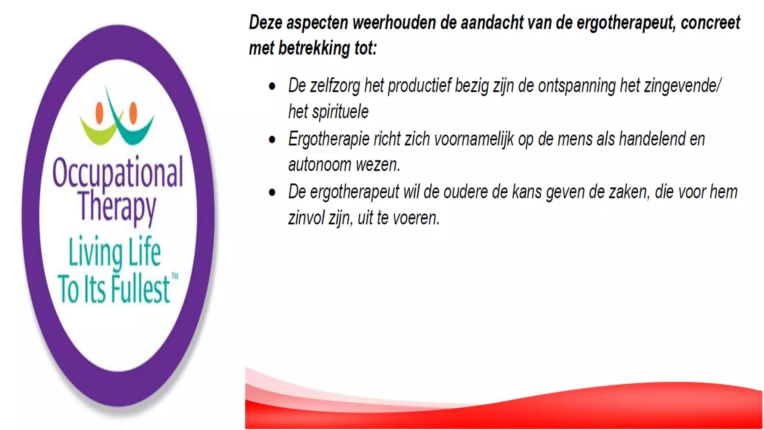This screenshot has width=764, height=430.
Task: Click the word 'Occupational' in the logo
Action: pyautogui.click(x=118, y=172)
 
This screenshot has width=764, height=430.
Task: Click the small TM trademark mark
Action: pyautogui.click(x=175, y=277)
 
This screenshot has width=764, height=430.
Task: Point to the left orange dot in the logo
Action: pyautogui.click(x=99, y=112)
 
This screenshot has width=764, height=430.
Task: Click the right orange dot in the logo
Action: pyautogui.click(x=133, y=112)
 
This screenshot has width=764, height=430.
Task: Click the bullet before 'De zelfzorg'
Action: pyautogui.click(x=272, y=87)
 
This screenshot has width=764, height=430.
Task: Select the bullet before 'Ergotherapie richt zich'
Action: pyautogui.click(x=272, y=140)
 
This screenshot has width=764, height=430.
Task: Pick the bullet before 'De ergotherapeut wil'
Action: pyautogui.click(x=272, y=193)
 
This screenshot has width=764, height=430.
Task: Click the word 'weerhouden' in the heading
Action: pyautogui.click(x=394, y=23)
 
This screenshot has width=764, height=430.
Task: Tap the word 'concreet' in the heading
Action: pyautogui.click(x=710, y=23)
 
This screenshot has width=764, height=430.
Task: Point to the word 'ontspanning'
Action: pyautogui.click(x=576, y=86)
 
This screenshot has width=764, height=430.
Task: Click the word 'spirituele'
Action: pyautogui.click(x=340, y=112)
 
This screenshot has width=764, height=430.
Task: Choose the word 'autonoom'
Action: pyautogui.click(x=320, y=165)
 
